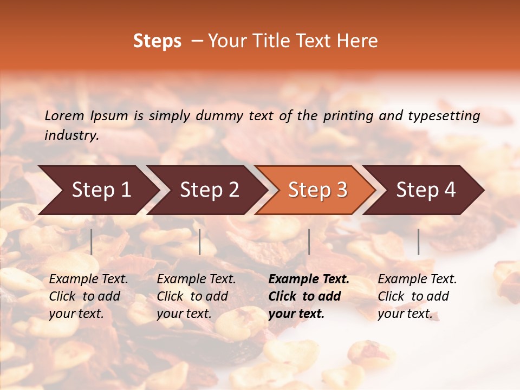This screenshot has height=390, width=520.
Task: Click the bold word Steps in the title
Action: point(157,41)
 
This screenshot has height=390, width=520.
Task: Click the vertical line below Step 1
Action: point(92,242)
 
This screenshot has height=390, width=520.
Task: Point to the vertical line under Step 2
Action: point(200,242)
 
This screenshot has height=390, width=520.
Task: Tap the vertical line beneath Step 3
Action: point(309,242)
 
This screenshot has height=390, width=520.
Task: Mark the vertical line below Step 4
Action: point(419,242)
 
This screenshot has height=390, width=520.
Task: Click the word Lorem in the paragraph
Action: point(64,116)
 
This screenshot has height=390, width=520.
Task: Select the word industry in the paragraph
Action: point(71,135)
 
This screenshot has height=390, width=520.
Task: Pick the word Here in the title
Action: point(360,41)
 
